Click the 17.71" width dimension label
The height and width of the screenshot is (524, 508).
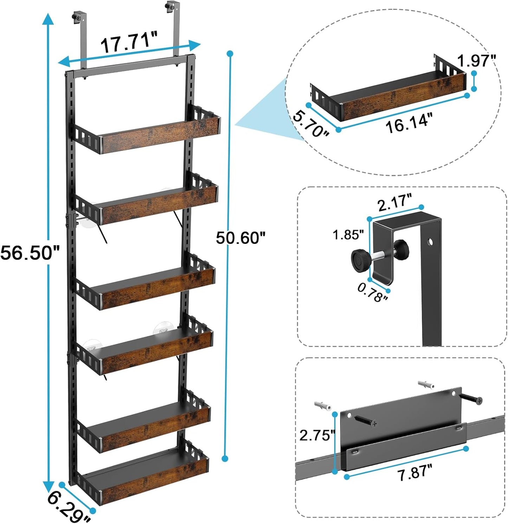tap(129, 42)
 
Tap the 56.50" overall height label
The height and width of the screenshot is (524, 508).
tap(30, 253)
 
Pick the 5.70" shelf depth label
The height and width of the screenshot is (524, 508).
tap(310, 124)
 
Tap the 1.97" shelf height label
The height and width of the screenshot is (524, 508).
tap(476, 61)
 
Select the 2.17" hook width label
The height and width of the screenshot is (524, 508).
tap(394, 203)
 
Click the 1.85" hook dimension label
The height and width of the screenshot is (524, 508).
tap(348, 235)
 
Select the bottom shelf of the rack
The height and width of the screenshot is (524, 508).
tap(144, 477)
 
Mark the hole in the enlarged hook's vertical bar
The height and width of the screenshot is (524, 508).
tap(430, 242)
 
